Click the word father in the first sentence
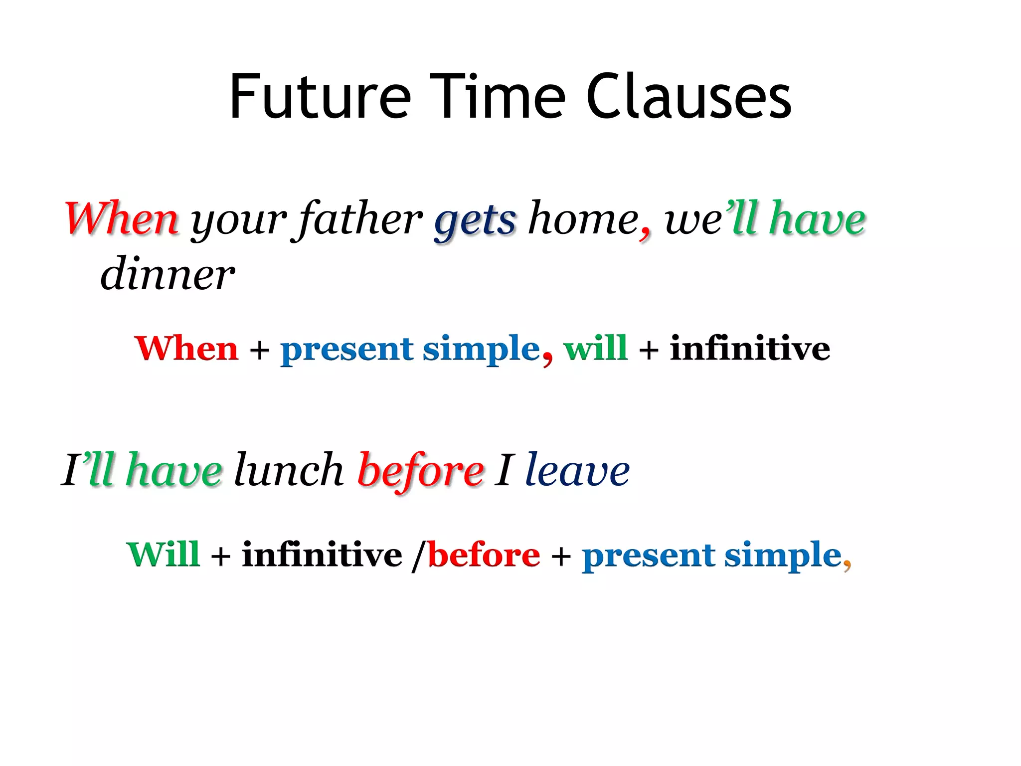tap(359, 219)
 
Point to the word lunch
tap(289, 470)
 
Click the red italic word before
tap(420, 471)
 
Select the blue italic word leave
tap(577, 470)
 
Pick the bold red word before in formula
tap(484, 555)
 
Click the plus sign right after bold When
tap(259, 350)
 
